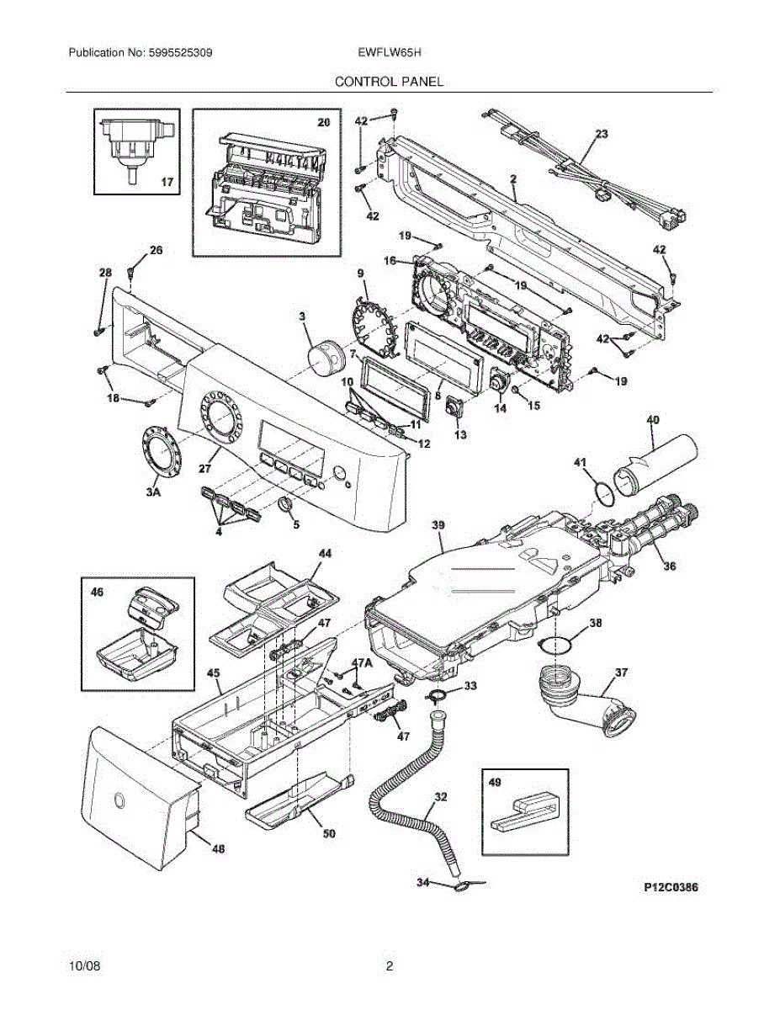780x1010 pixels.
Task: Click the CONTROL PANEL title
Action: point(389,82)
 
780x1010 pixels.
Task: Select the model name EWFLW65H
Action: point(390,52)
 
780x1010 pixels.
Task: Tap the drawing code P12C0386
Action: point(671,887)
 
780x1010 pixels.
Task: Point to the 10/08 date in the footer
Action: point(82,966)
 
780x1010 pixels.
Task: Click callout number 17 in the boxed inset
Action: point(167,181)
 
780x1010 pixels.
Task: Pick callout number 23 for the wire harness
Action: point(601,134)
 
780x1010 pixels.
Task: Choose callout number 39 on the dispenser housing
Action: point(438,524)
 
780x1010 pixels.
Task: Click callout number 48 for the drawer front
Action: point(217,849)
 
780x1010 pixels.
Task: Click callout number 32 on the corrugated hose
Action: point(441,795)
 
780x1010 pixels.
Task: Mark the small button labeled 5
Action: point(284,505)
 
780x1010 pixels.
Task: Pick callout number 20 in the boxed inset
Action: point(322,123)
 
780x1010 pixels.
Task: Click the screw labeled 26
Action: point(131,272)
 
